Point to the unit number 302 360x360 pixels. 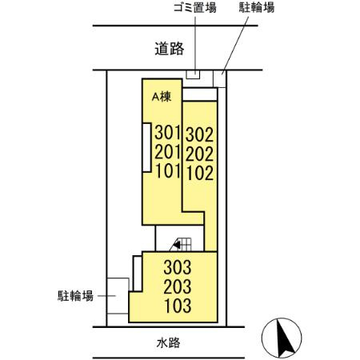coord(199,133)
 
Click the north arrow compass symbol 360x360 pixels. coord(282,338)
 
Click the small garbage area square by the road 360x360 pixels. coord(193,75)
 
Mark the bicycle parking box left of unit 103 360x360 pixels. coord(118,299)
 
